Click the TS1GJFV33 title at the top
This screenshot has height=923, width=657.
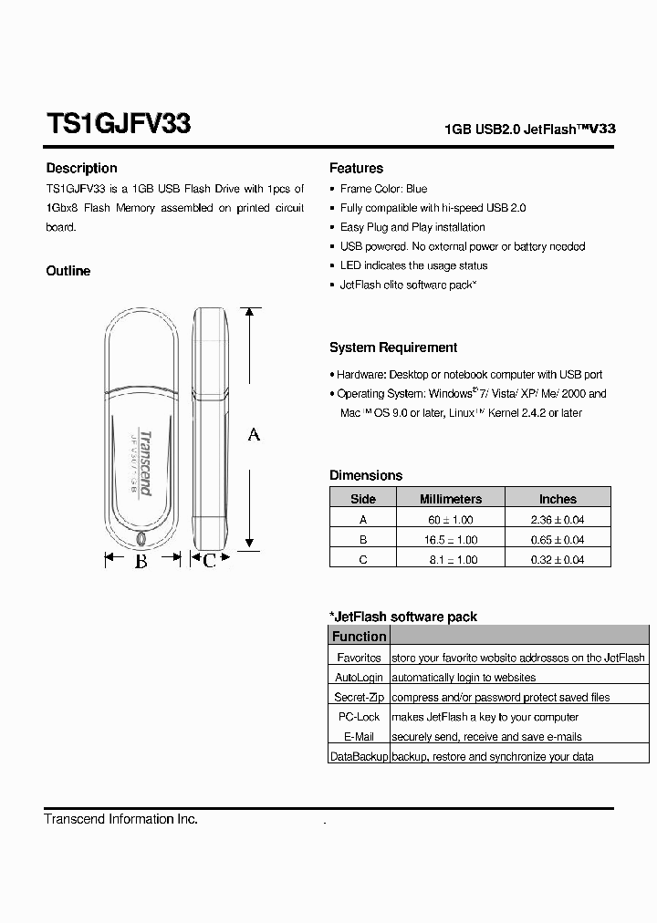[x=118, y=124]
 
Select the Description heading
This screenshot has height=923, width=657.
[x=81, y=168]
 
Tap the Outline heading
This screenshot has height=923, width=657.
[x=68, y=271]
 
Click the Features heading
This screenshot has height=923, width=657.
[x=356, y=168]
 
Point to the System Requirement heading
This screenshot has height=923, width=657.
[x=393, y=347]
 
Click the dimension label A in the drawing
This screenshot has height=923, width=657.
[x=254, y=435]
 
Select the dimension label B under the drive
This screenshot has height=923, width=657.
[x=141, y=561]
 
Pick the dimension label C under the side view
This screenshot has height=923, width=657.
[x=209, y=561]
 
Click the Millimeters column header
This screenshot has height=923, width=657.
[x=450, y=499]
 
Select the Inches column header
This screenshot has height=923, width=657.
[x=558, y=499]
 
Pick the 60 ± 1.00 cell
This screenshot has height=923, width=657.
[x=450, y=519]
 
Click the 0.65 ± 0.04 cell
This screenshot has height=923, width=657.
[x=558, y=539]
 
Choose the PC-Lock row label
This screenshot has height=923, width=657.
[x=359, y=717]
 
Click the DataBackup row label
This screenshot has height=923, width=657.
[x=359, y=756]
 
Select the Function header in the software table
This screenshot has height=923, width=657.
[x=359, y=637]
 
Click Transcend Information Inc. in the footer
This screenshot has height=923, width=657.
[x=120, y=819]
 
